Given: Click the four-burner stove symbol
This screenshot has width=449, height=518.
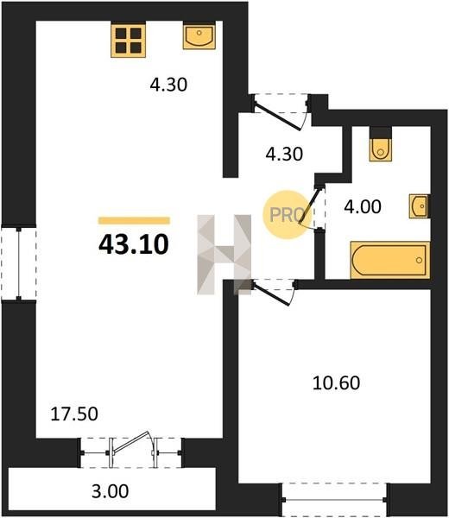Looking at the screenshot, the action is tap(128, 40).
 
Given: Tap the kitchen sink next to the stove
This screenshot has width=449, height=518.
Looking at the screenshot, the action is tap(199, 35).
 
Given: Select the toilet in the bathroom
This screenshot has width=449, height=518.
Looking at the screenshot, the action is tap(381, 143).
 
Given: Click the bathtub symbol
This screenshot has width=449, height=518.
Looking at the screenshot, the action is tap(390, 260).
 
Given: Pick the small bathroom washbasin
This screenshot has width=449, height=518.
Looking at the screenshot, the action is tap(420, 206).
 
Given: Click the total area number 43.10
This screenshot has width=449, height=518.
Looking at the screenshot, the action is tap(134, 245).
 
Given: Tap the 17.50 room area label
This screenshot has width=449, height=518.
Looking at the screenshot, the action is tap(74, 414).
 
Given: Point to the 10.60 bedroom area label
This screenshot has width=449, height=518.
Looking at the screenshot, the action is tap(336, 383).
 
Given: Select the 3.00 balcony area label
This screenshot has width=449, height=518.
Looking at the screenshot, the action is tap(110, 491).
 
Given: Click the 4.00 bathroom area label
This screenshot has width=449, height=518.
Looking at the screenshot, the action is tap(363, 207).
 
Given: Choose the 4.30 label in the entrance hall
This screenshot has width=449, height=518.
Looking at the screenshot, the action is tap(284, 154).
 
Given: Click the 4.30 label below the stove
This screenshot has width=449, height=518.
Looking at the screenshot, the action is tap(168, 85).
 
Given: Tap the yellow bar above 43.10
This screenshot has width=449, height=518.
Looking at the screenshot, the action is tap(134, 220).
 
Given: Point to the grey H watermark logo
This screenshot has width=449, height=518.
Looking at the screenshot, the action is tap(224, 255).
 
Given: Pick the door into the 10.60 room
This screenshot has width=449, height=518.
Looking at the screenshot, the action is tap(271, 294).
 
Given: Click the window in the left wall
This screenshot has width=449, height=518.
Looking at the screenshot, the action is tap(19, 263).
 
